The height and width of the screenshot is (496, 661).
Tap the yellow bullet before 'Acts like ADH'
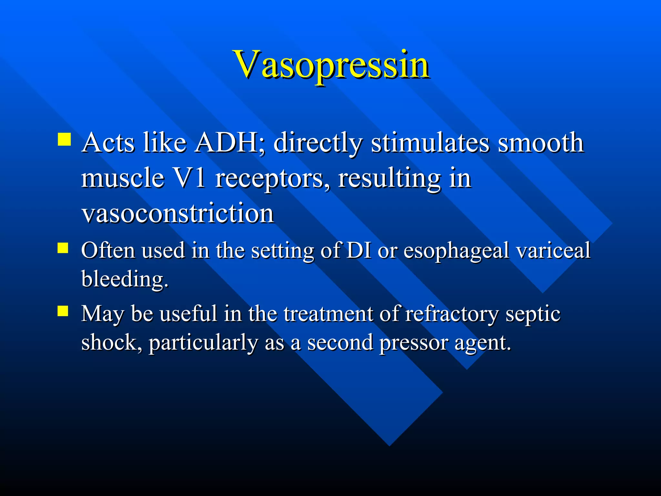[x=64, y=139]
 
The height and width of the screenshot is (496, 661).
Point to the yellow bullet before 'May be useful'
[x=63, y=311]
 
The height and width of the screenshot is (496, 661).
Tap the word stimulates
[x=430, y=143]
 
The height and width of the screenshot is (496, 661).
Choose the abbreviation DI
[x=358, y=250]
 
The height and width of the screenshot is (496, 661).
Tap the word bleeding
[x=125, y=279]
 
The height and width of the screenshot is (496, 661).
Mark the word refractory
[x=452, y=314]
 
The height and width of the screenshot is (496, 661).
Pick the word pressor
[x=413, y=343]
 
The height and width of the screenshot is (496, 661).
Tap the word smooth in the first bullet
[x=541, y=143]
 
